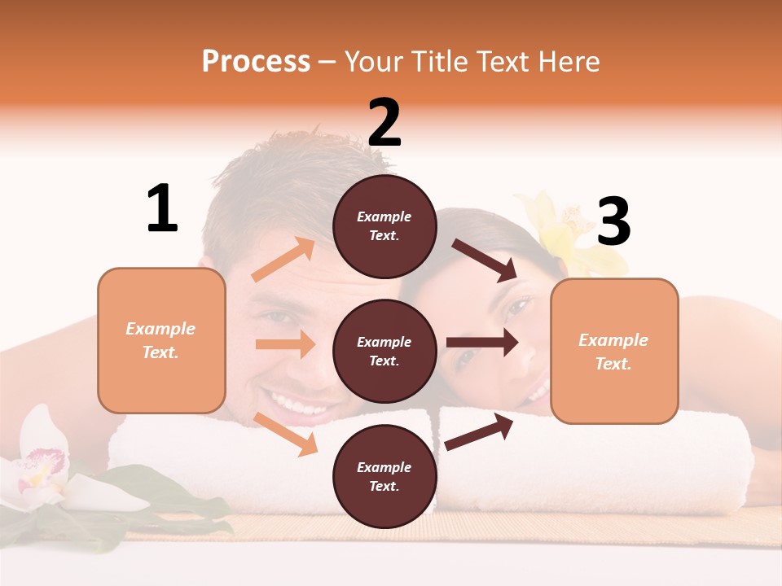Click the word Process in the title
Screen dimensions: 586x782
(x=256, y=61)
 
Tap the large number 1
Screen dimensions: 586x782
(x=162, y=208)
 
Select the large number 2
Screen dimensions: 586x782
(x=384, y=122)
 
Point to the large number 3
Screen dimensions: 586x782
(x=613, y=221)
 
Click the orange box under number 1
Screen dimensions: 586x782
(x=161, y=340)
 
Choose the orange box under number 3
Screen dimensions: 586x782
(x=614, y=351)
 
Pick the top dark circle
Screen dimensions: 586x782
(x=384, y=226)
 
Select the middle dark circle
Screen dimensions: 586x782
(x=384, y=351)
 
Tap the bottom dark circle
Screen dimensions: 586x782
(x=384, y=476)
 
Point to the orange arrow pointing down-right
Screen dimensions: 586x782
(x=285, y=434)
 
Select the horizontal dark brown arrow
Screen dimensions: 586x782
(x=481, y=342)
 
